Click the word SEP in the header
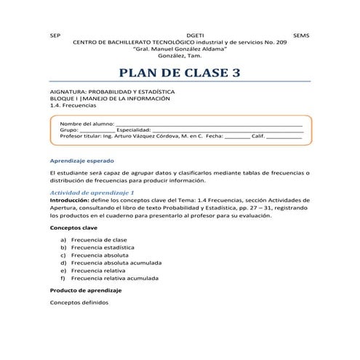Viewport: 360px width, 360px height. (55, 35)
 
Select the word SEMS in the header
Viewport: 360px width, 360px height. (300, 35)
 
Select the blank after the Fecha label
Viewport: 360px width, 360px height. (237, 136)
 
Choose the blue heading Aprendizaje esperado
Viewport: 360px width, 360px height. (81, 160)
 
